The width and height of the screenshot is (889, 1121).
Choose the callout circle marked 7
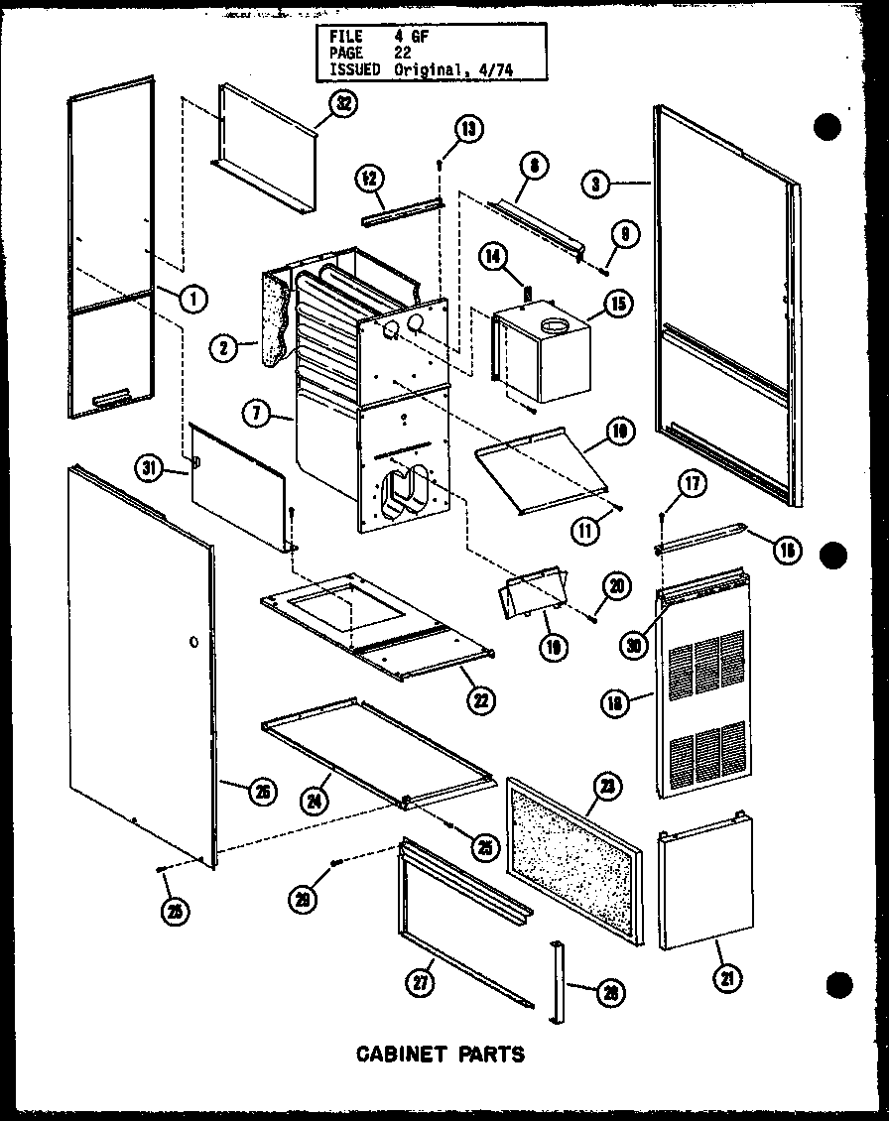click(258, 411)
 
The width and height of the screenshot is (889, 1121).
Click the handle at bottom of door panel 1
click(110, 399)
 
